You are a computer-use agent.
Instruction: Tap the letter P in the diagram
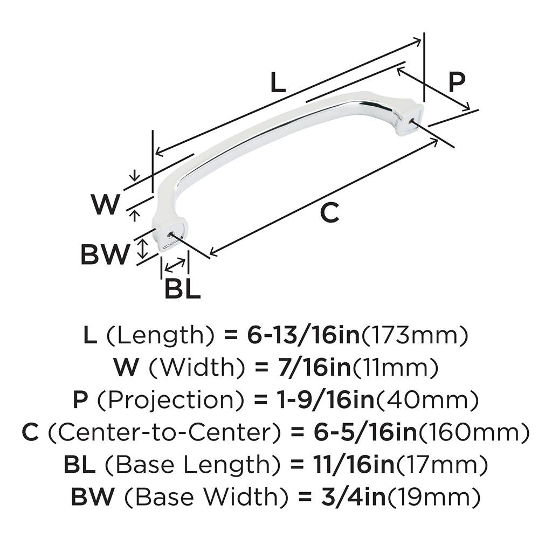coord(456,83)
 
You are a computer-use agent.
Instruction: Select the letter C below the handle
coord(329,213)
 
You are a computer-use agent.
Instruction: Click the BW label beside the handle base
coord(106,254)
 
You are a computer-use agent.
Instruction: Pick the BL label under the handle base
coord(182,289)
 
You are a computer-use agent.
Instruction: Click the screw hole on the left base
coord(170,235)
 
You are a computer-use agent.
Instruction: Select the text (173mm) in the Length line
coord(413,336)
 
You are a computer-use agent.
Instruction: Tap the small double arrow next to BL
coord(175,265)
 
